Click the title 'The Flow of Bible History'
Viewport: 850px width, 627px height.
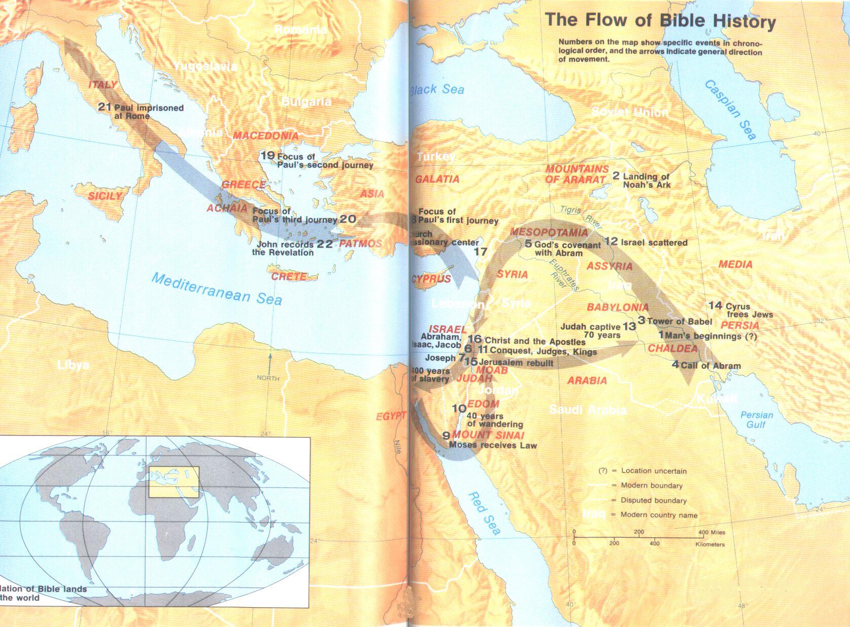click(660, 21)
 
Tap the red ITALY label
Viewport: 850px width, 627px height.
click(103, 85)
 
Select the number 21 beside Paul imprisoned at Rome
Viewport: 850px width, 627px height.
click(104, 107)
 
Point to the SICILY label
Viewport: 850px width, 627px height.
click(105, 196)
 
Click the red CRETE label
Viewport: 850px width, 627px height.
click(289, 276)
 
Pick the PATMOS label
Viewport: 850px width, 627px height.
click(360, 243)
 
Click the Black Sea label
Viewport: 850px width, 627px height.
click(437, 90)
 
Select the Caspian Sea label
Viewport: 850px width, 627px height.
click(730, 109)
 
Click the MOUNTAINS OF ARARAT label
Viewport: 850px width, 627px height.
click(577, 174)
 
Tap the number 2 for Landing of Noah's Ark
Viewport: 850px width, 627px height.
click(616, 176)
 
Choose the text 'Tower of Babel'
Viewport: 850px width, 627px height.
click(680, 321)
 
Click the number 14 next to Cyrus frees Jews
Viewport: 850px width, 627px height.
click(715, 305)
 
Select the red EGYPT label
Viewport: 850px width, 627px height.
click(391, 416)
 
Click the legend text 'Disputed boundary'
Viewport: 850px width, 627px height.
click(653, 500)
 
